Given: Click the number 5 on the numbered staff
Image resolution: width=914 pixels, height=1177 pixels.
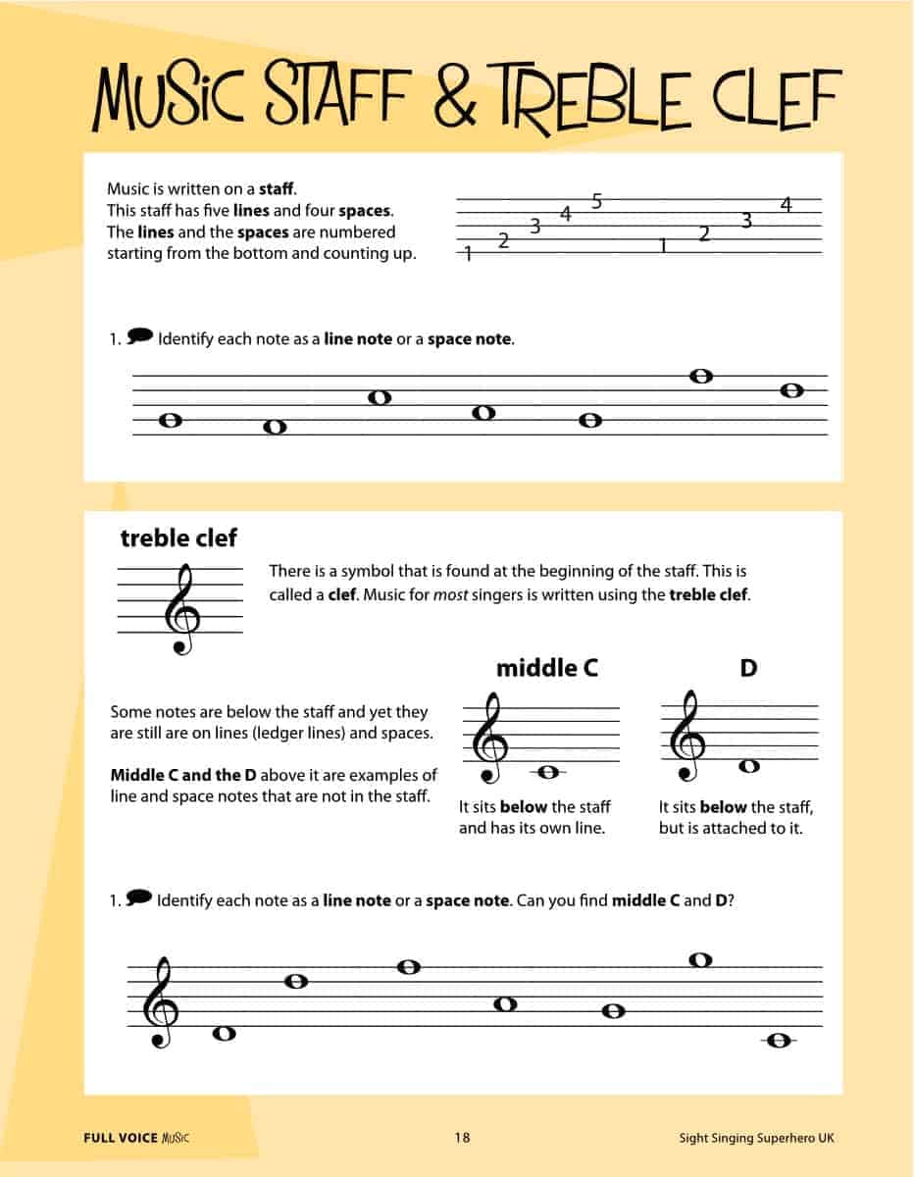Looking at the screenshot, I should click(x=596, y=202).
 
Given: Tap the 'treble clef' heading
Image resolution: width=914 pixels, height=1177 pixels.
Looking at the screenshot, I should click(x=178, y=537).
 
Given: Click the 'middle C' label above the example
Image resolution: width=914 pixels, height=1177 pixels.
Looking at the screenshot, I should click(x=546, y=668).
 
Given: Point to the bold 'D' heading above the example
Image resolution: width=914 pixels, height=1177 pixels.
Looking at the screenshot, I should click(x=748, y=668).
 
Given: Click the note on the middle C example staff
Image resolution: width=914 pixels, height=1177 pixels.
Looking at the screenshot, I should click(x=548, y=772).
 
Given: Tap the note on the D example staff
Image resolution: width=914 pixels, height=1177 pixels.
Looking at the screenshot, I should click(x=749, y=766).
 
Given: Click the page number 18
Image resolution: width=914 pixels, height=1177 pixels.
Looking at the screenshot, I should click(x=462, y=1138).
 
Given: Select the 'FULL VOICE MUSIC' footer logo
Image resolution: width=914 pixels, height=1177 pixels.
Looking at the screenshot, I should click(x=136, y=1138).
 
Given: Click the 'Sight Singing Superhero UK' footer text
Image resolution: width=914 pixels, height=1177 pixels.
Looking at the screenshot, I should click(x=756, y=1138).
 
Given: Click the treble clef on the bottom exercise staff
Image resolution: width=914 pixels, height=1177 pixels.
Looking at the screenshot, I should click(x=161, y=1003).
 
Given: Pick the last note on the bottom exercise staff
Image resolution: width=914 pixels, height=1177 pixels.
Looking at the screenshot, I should click(x=780, y=1041).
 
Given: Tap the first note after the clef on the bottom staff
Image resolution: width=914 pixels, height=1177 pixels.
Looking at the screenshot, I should click(x=225, y=1033).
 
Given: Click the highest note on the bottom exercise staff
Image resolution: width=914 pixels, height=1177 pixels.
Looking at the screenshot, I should click(x=699, y=960).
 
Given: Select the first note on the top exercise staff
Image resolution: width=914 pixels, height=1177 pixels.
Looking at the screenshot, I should click(x=170, y=420).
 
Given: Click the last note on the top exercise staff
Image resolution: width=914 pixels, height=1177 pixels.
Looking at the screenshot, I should click(x=792, y=390).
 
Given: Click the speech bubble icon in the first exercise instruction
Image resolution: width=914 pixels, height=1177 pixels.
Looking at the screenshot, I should click(x=140, y=336).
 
